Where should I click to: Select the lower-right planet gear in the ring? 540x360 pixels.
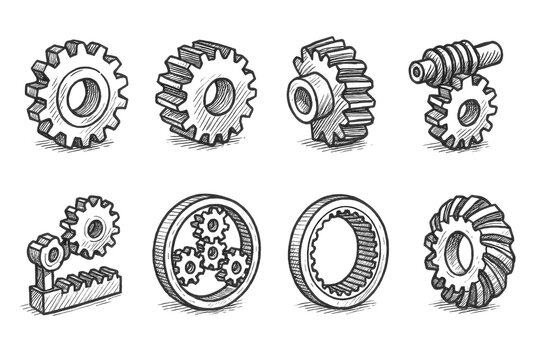tap(234, 267)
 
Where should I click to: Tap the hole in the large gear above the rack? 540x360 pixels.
tap(93, 228)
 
